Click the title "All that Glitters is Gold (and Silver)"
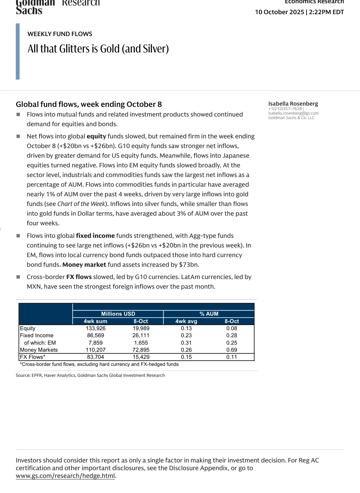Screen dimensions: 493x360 98,49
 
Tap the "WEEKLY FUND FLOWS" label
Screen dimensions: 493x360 60,34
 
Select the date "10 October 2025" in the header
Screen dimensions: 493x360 279,12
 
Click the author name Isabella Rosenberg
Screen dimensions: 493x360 293,104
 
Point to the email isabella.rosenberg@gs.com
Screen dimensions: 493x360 293,113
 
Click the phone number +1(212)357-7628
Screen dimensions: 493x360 285,109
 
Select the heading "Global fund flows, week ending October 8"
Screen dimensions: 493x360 89,104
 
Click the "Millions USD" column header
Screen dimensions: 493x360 118,314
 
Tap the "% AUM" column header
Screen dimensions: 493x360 209,314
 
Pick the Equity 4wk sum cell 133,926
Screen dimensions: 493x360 96,328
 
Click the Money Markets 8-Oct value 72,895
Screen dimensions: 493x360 141,350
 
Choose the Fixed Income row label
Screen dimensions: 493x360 37,335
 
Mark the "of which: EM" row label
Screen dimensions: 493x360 40,343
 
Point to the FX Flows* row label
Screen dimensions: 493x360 33,357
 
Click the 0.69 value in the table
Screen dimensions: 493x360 232,350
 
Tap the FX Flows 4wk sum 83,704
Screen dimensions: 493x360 96,357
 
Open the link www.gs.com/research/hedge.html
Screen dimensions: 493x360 65,476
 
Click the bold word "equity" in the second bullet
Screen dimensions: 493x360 96,136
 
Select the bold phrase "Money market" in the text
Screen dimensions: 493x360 84,265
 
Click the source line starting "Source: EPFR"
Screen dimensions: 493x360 90,375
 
